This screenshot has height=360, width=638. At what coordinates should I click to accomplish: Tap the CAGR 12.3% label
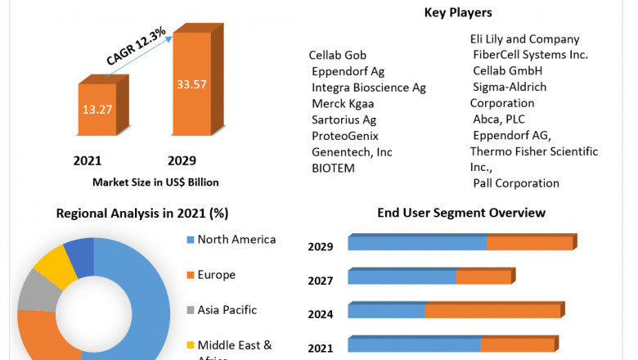[136, 47]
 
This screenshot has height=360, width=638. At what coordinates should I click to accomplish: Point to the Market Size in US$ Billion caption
[155, 182]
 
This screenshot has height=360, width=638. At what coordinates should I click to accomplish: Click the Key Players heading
[457, 12]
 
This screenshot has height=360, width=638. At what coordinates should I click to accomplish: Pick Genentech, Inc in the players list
[352, 151]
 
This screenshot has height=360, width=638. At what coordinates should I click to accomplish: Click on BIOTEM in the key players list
[334, 168]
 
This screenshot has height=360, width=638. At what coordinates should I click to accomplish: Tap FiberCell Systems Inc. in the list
[530, 55]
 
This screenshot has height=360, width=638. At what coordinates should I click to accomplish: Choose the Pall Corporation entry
[515, 183]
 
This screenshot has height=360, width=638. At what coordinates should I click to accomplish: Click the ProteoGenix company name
[344, 136]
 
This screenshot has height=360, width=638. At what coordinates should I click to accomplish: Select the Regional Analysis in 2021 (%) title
[142, 214]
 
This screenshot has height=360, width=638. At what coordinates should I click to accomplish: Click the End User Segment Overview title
[461, 213]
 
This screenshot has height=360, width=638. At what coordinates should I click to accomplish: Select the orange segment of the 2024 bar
[492, 311]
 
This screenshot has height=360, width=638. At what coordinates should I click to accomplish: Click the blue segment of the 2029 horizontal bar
[417, 243]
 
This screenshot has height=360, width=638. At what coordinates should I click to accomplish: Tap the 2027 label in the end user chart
[320, 281]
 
